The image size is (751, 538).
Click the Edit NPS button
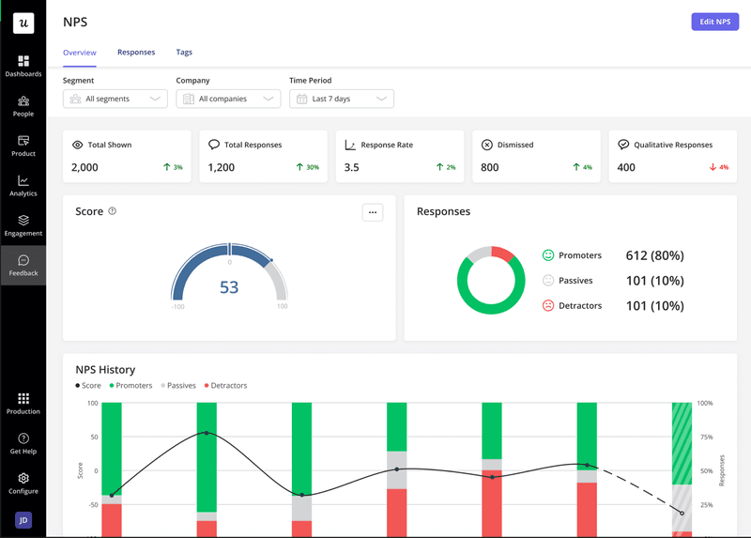pos(714,22)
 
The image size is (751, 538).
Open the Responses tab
pos(136,53)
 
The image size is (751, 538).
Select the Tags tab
pos(184,53)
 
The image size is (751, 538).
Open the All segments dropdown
pos(115,99)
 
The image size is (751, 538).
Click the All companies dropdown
pos(228,99)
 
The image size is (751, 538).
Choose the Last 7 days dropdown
pos(342,99)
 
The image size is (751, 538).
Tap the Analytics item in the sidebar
pos(23,186)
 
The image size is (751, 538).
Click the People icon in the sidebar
pos(23,101)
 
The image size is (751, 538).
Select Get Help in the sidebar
pos(23,443)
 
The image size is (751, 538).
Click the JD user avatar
pos(23,520)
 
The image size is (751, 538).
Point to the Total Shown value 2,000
pos(84,167)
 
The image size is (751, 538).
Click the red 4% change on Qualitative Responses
pos(719,167)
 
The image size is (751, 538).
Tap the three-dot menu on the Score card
pos(373,212)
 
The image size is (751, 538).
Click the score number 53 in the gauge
pos(229,287)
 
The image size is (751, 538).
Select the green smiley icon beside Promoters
pos(548,255)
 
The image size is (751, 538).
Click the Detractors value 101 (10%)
pos(654,305)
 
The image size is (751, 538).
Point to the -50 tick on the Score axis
pos(92,504)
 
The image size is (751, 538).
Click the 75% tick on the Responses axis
pos(704,437)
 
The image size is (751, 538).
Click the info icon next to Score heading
pos(113,211)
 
